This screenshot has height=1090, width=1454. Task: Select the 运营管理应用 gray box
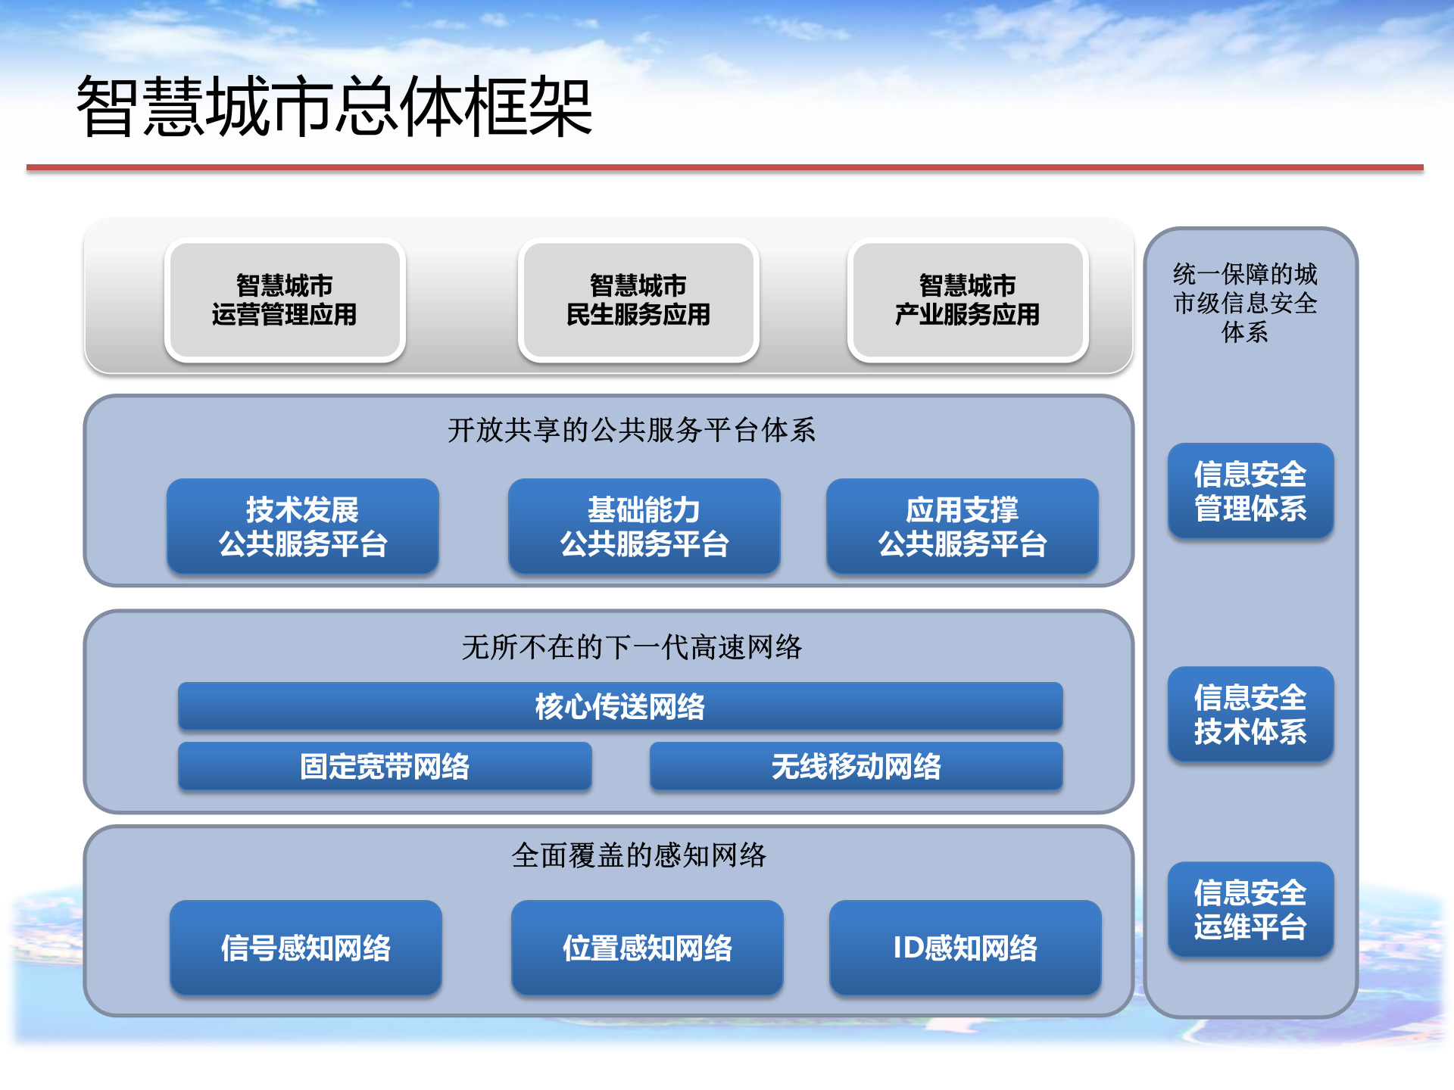point(285,300)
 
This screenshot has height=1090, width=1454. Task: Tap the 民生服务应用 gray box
point(638,300)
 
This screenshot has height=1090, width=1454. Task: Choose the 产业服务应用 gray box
point(968,300)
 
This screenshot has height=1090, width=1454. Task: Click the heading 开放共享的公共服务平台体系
point(631,431)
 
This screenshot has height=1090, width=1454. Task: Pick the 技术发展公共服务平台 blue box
point(303,526)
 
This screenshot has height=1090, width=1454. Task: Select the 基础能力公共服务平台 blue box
point(644,526)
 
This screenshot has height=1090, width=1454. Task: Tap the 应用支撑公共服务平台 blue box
point(963,526)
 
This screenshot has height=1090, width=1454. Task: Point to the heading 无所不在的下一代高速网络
point(631,647)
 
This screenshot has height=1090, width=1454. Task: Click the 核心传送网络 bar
point(620,706)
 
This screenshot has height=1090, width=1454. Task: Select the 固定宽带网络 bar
point(385,766)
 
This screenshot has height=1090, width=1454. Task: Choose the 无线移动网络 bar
point(856,766)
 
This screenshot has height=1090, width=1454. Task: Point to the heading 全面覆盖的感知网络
point(638,855)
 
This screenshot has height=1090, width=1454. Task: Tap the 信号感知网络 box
point(306,947)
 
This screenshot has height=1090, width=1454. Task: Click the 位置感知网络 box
point(647,947)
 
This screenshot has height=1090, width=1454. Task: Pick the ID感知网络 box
point(966,947)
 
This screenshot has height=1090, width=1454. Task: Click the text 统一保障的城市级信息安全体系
point(1246,303)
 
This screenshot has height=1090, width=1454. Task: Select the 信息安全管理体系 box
point(1250,490)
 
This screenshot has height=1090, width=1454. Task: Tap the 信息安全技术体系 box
point(1250,714)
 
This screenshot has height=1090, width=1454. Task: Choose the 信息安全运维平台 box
point(1250,909)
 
